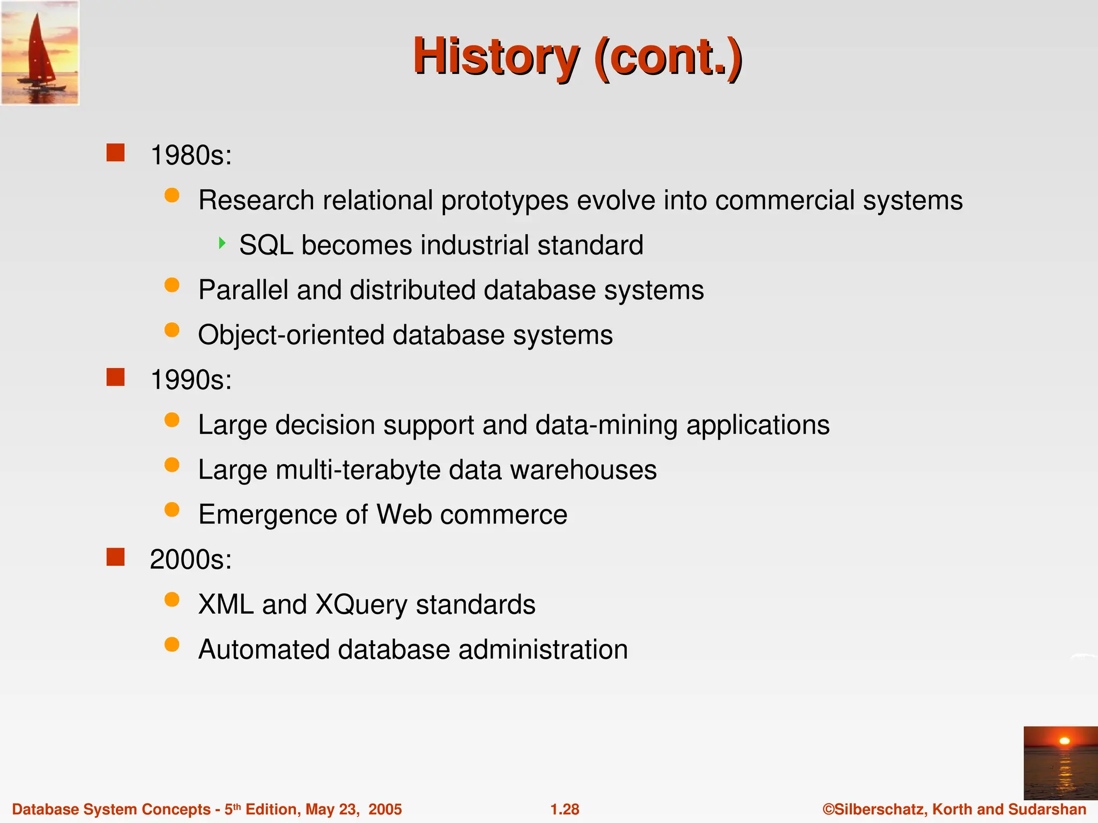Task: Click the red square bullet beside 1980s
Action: [x=115, y=153]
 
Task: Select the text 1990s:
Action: [x=191, y=380]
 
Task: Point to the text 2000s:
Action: [x=191, y=559]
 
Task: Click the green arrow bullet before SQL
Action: [x=222, y=243]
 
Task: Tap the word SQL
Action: [x=266, y=245]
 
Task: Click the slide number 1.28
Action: [x=565, y=809]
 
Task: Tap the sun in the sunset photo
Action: [x=1064, y=741]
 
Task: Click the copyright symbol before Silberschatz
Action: [x=828, y=809]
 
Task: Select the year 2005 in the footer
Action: [x=385, y=809]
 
